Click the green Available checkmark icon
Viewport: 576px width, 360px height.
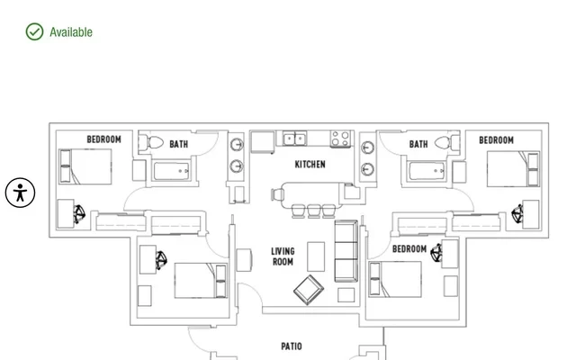pyautogui.click(x=34, y=31)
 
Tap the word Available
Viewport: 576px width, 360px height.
pyautogui.click(x=71, y=32)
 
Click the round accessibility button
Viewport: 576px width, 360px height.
pyautogui.click(x=20, y=193)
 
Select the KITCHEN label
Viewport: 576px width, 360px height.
pyautogui.click(x=310, y=164)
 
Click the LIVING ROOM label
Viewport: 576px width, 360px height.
pyautogui.click(x=283, y=256)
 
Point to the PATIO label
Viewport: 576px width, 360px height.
pyautogui.click(x=292, y=346)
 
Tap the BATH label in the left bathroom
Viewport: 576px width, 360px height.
pyautogui.click(x=178, y=144)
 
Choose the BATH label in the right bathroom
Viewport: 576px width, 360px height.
pyautogui.click(x=418, y=144)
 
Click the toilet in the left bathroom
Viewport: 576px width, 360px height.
pyautogui.click(x=151, y=142)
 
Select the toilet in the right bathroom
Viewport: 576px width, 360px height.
pyautogui.click(x=447, y=142)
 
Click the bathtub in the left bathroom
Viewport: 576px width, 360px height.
pyautogui.click(x=172, y=171)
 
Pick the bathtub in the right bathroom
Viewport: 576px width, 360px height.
pyautogui.click(x=427, y=171)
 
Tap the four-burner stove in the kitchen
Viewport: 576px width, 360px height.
pyautogui.click(x=340, y=139)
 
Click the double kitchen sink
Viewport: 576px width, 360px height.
pyautogui.click(x=294, y=139)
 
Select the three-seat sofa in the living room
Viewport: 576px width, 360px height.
pyautogui.click(x=346, y=251)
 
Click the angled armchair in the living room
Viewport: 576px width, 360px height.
pyautogui.click(x=309, y=290)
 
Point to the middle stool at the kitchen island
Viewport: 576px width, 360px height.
pyautogui.click(x=313, y=211)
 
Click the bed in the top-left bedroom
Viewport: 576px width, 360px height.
pyautogui.click(x=85, y=166)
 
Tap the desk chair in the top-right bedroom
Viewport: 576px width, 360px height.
pyautogui.click(x=517, y=214)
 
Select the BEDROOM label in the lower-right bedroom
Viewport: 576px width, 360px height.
pyautogui.click(x=409, y=249)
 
